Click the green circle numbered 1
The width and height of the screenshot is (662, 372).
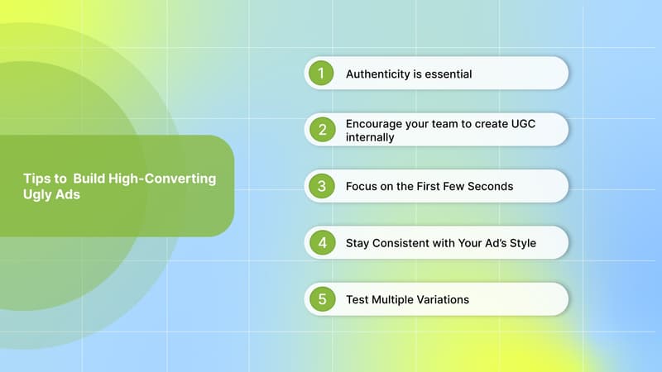pos(321,74)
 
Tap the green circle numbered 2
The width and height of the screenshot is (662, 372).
pos(321,130)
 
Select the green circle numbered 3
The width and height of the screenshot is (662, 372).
pos(321,186)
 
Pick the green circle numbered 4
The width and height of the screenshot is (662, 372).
pos(321,243)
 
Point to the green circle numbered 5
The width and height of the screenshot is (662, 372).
pos(321,299)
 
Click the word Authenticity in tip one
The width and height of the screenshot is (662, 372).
pos(377,74)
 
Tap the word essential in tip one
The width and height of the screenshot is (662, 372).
pos(444,74)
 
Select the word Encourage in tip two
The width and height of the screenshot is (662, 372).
pos(375,123)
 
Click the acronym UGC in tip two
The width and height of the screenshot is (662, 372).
pos(532,123)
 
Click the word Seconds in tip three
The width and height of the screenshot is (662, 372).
pos(489,187)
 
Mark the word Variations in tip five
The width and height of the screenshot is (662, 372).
pos(440,299)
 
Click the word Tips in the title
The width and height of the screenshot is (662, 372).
pos(36,178)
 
